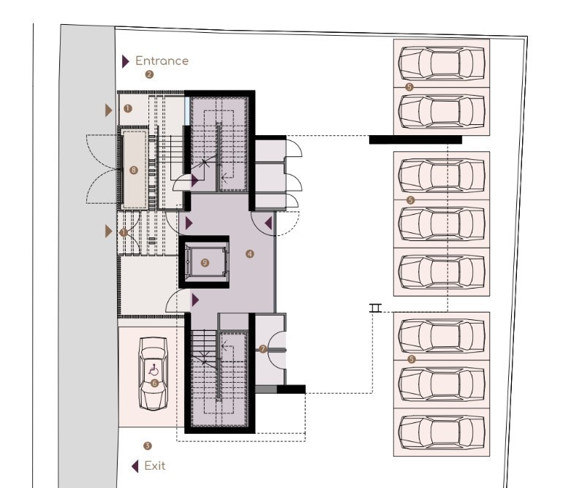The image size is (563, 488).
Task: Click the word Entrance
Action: (162, 61)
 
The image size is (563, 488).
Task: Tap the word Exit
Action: (155, 466)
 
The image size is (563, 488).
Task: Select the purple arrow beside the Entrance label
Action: (125, 61)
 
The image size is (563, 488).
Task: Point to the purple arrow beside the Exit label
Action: (135, 467)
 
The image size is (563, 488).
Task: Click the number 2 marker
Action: (149, 75)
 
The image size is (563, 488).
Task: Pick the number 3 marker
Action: (147, 446)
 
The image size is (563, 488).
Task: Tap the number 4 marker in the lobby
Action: (249, 254)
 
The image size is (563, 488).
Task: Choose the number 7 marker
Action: (262, 348)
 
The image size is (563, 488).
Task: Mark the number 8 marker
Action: (134, 170)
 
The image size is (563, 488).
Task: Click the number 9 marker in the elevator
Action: (205, 263)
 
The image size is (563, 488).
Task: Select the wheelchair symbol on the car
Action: (154, 370)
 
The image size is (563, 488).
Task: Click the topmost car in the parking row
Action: (442, 63)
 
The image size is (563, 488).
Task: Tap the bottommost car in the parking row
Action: (442, 432)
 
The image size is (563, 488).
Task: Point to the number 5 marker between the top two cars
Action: (409, 87)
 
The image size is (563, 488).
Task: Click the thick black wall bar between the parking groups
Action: (415, 140)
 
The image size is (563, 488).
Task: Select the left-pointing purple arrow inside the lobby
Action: (268, 224)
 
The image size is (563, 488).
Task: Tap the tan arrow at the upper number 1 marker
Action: (108, 110)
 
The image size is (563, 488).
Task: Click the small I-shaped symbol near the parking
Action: (376, 308)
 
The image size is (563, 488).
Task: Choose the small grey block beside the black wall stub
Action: (266, 389)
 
